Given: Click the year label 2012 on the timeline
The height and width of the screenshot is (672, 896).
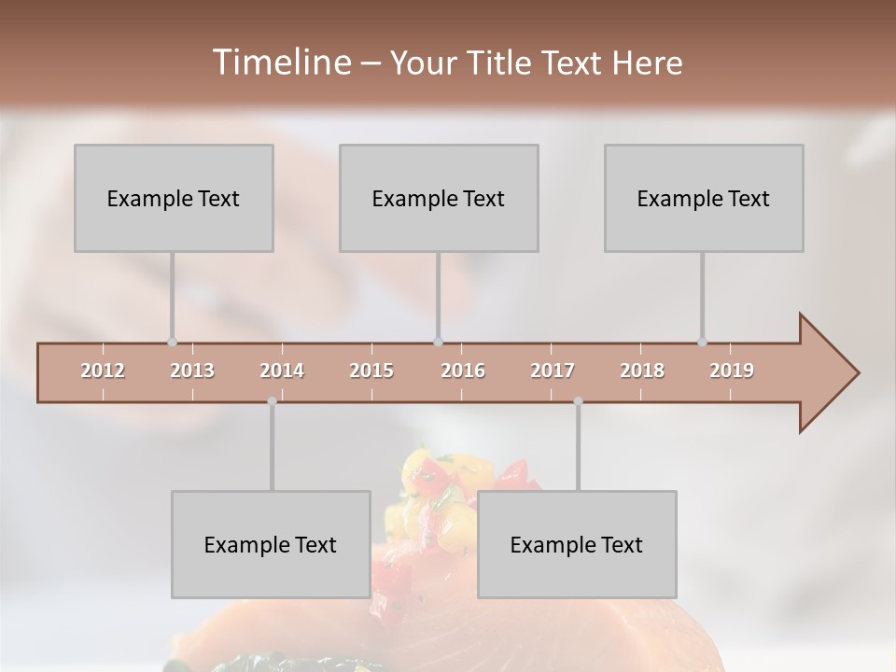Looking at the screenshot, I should pos(103,371).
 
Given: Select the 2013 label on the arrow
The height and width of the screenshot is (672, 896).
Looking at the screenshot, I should pos(192,371).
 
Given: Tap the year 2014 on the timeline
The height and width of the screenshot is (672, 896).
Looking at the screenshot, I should pos(282,371).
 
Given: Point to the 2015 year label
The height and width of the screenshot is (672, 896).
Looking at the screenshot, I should pos(371,371).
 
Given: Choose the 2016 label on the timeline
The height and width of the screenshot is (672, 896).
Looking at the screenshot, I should pos(463,371).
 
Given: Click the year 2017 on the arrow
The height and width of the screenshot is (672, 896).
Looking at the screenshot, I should pos(553,371).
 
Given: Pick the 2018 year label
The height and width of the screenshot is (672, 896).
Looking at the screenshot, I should pos(642,371).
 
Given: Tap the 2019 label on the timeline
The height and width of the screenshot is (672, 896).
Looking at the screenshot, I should pos(732,371).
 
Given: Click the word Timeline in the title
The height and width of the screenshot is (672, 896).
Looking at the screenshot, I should pos(280,63).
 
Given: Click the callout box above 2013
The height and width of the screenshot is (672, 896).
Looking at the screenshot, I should pos(174,198).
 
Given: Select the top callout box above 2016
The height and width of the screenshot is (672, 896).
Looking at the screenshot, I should pos(439,198).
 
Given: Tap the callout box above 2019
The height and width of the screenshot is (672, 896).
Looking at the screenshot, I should pos(704,198).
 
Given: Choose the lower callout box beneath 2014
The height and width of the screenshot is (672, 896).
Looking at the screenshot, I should pos(271,544).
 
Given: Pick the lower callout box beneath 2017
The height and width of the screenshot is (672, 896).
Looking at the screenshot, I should pos(577,544).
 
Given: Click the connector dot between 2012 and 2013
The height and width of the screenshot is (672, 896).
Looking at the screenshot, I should pos(172,343).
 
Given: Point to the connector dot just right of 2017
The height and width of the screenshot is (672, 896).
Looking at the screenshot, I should pos(578,401).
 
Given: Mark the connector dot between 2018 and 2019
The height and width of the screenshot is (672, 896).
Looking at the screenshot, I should pos(702,343).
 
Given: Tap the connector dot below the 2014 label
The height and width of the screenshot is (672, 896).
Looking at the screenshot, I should pos(272,401).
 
